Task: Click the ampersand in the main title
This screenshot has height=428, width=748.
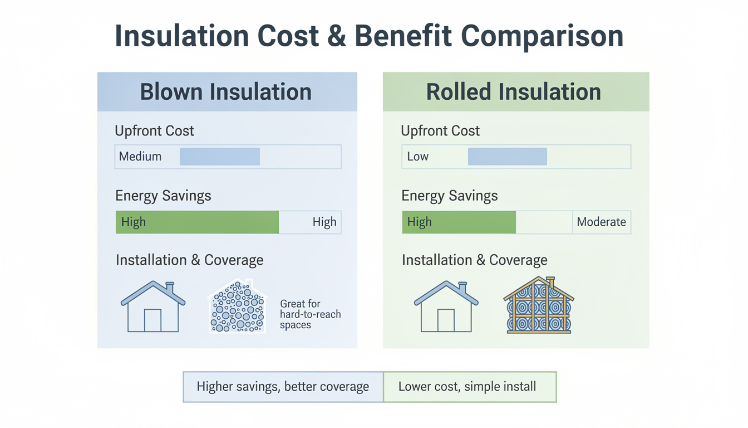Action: coord(337,36)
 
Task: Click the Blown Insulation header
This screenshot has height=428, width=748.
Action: coord(227,91)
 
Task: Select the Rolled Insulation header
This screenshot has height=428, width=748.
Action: coord(516,91)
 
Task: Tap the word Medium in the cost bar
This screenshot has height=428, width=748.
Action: coord(140,157)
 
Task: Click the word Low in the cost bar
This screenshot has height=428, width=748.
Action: coord(418,157)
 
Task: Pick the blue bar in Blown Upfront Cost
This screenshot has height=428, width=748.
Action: coord(220,157)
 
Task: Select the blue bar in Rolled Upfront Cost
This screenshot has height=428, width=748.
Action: coord(507,157)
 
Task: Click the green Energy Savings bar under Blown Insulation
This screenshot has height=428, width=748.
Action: coord(197,222)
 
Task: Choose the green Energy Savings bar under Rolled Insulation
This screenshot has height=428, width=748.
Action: coord(459,222)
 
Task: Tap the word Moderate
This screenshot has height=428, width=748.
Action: coord(602,222)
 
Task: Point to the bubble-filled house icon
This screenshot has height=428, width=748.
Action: coord(237,306)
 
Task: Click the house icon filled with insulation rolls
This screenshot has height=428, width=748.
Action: coord(539,305)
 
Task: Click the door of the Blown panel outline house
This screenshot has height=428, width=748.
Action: coord(152,320)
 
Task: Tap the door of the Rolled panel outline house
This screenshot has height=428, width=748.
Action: coord(446,320)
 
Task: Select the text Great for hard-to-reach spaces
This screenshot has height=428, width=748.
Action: coord(310,314)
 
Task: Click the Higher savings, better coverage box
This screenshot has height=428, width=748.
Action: coord(283,387)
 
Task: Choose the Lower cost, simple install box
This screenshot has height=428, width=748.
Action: coord(470,387)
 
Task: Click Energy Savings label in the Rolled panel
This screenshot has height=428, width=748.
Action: coord(450,196)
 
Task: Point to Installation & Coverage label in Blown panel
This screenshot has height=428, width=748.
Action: coord(189,260)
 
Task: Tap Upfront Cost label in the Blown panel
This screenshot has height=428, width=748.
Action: coord(154,131)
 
